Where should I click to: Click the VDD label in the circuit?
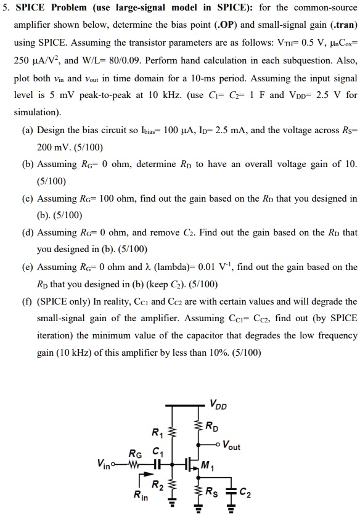pyautogui.click(x=218, y=405)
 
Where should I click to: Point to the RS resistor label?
pyautogui.click(x=211, y=492)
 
